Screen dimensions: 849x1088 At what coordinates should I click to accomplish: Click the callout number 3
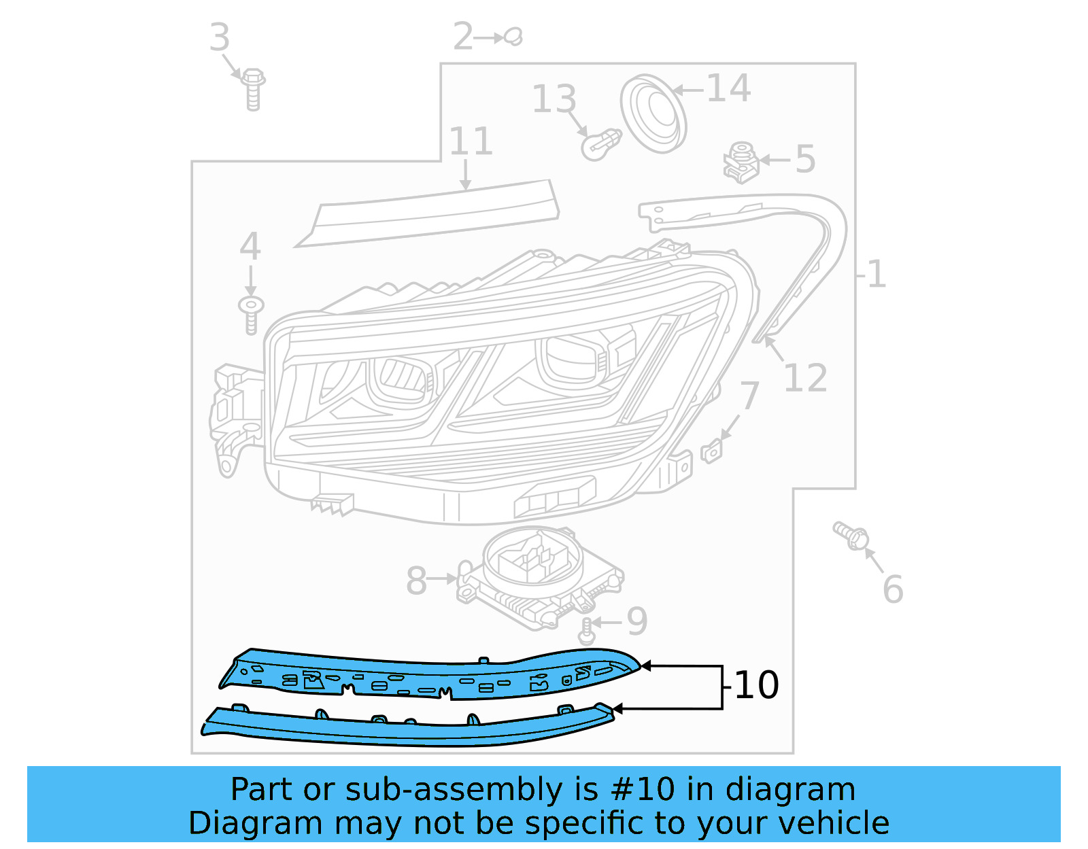219,37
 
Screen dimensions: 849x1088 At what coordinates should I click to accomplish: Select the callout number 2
463,37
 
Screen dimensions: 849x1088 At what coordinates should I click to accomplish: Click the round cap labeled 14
653,113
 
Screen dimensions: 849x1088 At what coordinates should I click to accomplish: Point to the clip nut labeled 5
741,163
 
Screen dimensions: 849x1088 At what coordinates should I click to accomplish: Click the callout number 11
471,141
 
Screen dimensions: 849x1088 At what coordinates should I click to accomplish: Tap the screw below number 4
251,314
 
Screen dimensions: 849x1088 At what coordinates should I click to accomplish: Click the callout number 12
805,378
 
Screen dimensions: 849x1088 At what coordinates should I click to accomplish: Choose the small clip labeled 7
711,451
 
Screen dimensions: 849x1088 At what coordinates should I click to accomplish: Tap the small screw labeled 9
587,632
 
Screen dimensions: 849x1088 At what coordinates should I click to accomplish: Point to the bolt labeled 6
852,536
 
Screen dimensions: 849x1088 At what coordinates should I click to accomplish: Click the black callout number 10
757,685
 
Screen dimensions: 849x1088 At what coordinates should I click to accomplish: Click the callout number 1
877,275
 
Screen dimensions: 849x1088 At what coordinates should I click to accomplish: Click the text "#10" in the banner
643,790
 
